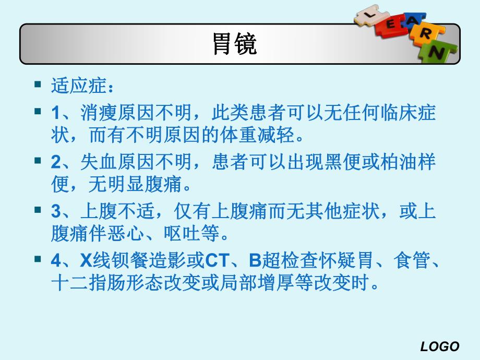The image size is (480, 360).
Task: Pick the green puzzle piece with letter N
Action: coord(439,53)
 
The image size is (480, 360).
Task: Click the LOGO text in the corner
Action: coord(439,346)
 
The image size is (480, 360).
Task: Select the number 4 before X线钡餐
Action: coord(56,259)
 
